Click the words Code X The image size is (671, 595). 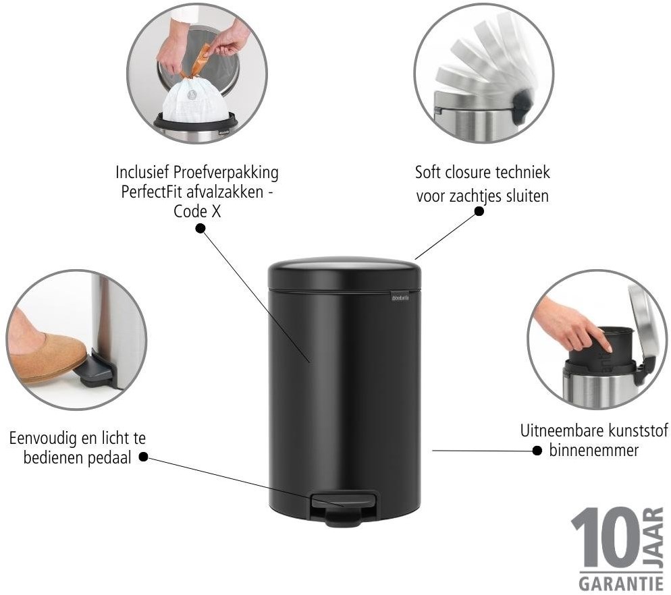pyautogui.click(x=197, y=211)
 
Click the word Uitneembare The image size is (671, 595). pyautogui.click(x=558, y=431)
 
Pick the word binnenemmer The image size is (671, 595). pyautogui.click(x=593, y=451)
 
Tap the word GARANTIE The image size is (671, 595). pyautogui.click(x=621, y=584)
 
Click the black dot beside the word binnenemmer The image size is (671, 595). pyautogui.click(x=537, y=451)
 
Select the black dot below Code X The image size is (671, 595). pyautogui.click(x=200, y=229)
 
